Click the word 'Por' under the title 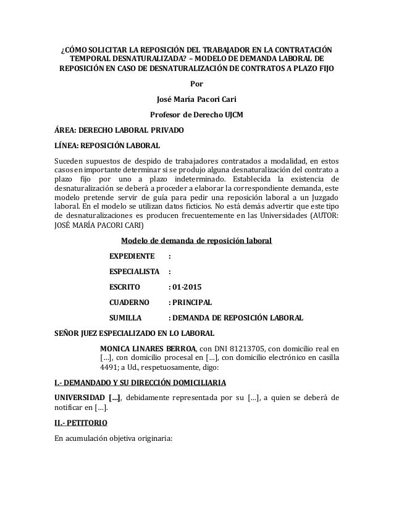[x=196, y=85]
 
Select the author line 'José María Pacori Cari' [x=196, y=100]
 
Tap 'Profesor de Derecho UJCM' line [x=196, y=115]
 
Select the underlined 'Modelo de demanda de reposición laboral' [x=196, y=241]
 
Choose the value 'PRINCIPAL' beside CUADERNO [x=193, y=303]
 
